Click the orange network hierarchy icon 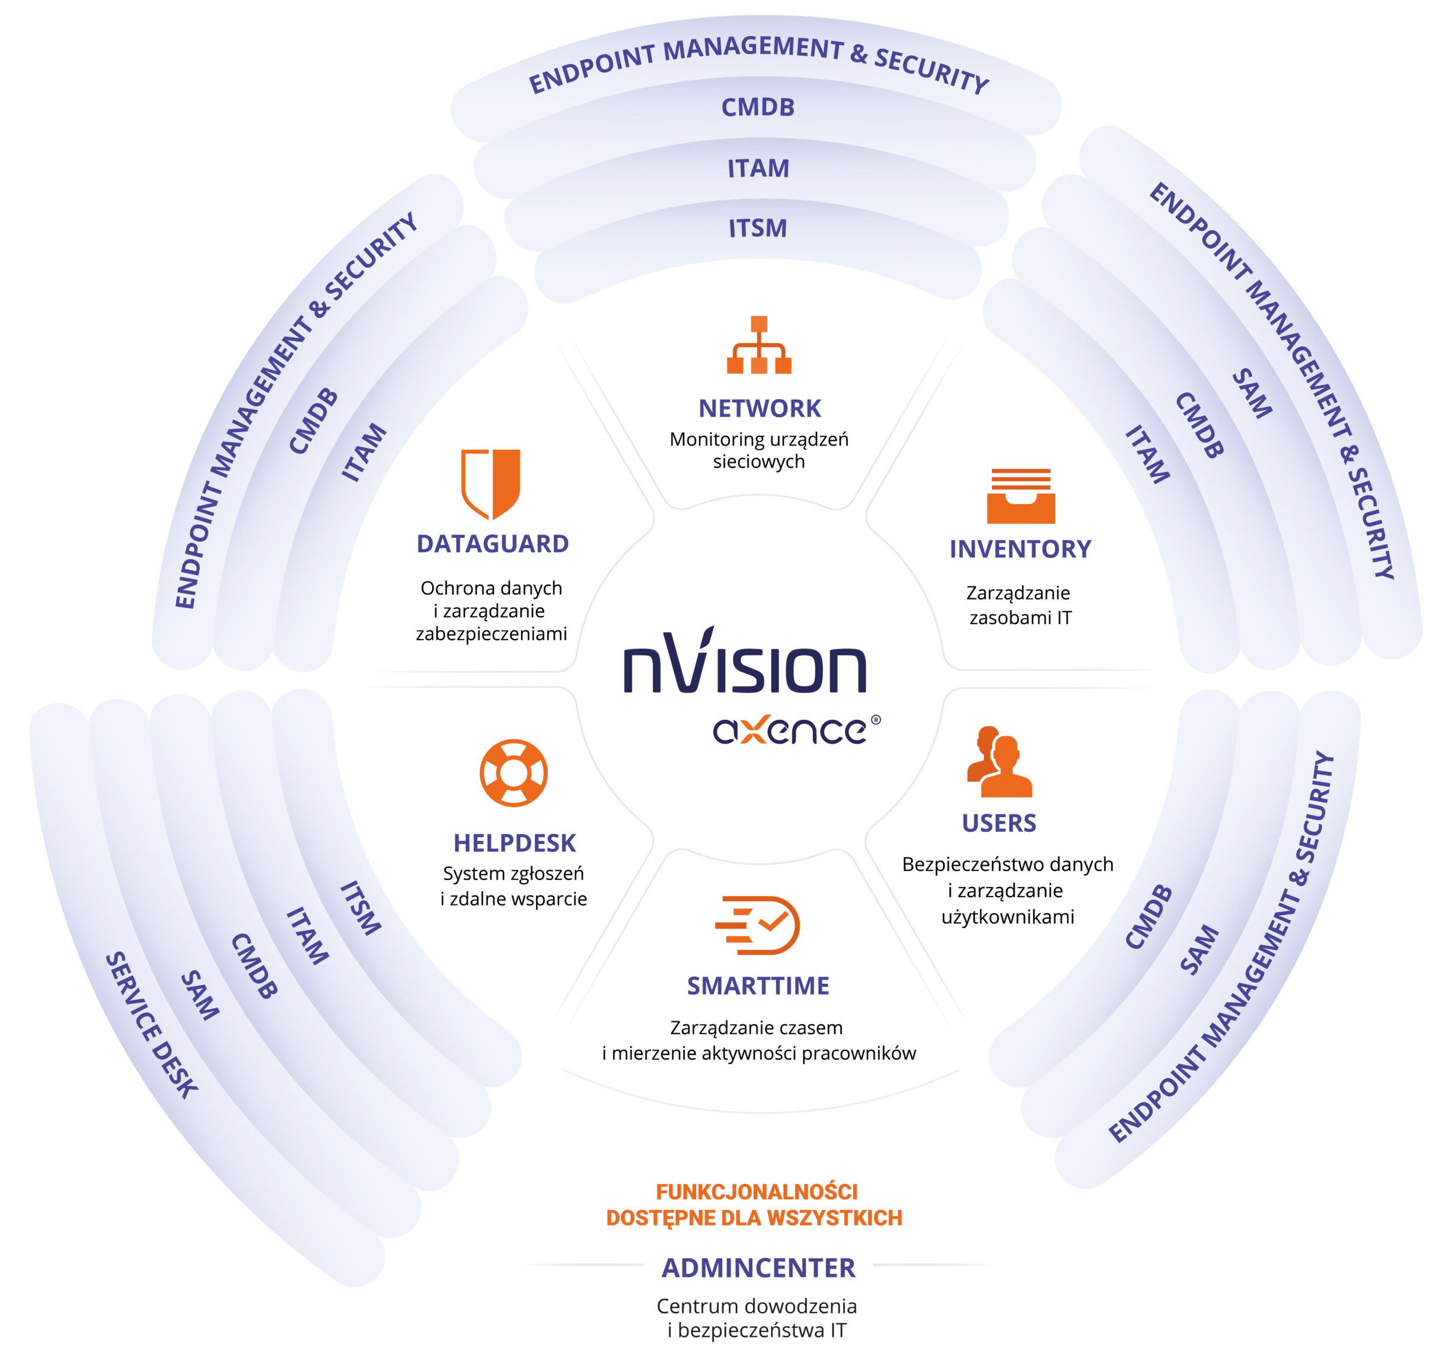coord(758,345)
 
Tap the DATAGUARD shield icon coord(490,483)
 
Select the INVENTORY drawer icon coord(1020,495)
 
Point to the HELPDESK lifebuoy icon coord(513,773)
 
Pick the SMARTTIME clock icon coord(758,925)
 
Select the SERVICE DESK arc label coord(151,1025)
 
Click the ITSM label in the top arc coord(758,228)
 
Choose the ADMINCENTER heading coord(758,1268)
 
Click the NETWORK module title coord(759,408)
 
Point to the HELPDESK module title coord(514,843)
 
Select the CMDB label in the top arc coord(758,108)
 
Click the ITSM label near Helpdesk coord(360,907)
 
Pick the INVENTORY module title coord(1020,549)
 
